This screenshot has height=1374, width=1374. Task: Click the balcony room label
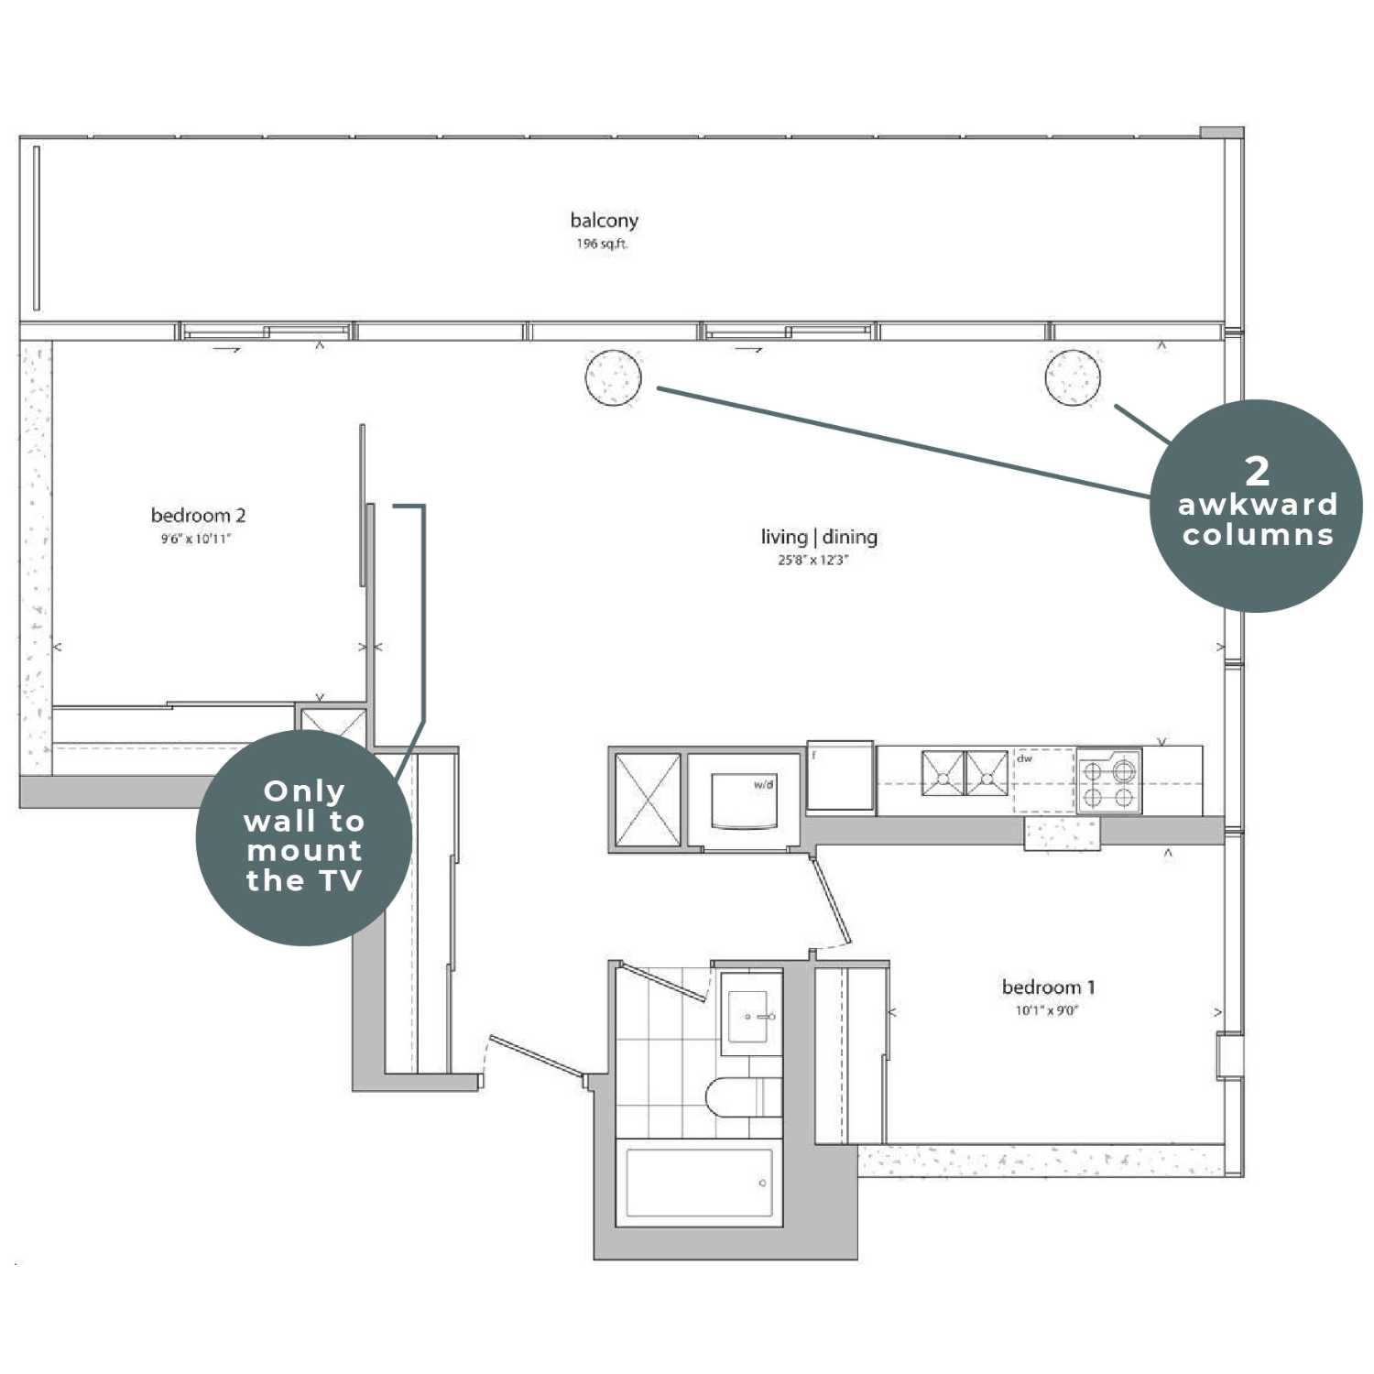(x=604, y=220)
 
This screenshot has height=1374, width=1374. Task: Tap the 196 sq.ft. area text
(x=602, y=244)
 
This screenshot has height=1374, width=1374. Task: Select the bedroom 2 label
(x=198, y=515)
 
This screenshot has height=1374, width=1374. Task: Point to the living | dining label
(x=819, y=537)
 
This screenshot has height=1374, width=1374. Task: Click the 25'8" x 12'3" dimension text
(x=813, y=560)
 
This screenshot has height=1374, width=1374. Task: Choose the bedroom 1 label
(x=1048, y=987)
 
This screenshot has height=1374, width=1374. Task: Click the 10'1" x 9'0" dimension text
(x=1047, y=1010)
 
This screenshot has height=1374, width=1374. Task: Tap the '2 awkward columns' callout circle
(x=1256, y=506)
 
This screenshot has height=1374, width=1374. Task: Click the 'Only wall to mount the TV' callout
(x=304, y=837)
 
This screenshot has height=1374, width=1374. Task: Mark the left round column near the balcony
(x=614, y=377)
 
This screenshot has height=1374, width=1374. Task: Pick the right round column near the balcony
(x=1073, y=377)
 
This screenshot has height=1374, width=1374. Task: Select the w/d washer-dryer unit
(x=744, y=801)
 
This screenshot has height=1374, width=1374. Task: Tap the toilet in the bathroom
(x=742, y=1096)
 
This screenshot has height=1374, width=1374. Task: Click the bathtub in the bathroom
(x=699, y=1183)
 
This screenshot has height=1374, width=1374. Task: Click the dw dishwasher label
(x=1024, y=758)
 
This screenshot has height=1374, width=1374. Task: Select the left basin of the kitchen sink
(x=943, y=773)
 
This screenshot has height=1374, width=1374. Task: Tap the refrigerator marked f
(x=840, y=775)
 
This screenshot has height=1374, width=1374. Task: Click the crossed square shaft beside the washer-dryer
(x=648, y=799)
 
